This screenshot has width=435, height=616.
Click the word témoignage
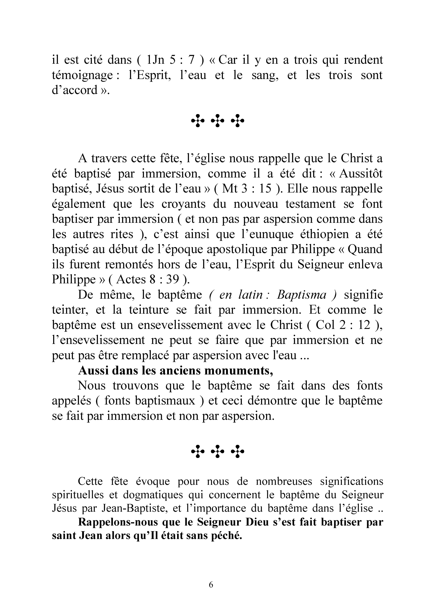click(x=83, y=75)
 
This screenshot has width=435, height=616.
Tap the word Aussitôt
click(x=361, y=174)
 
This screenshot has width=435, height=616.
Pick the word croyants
click(x=183, y=204)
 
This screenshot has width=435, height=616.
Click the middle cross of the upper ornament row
click(x=217, y=120)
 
